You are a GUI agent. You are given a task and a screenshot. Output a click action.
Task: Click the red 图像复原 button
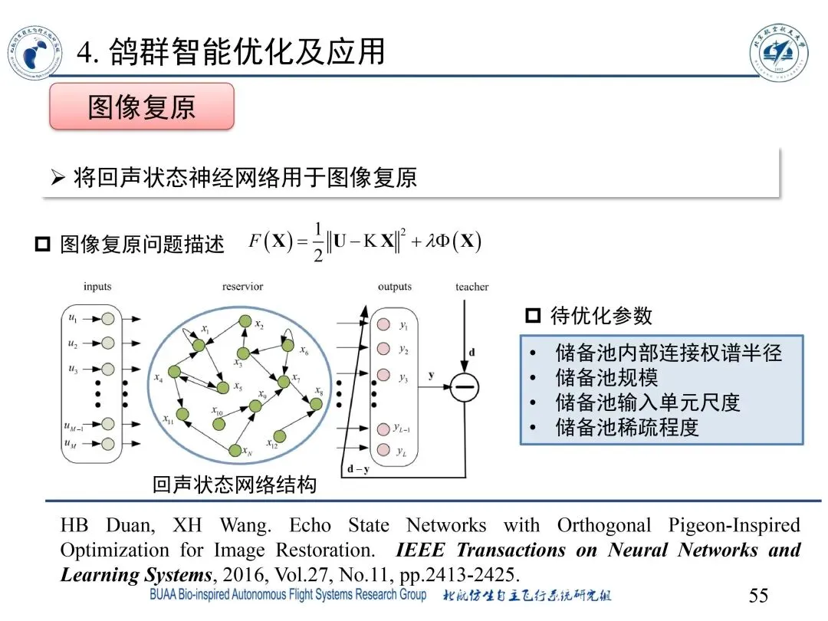pyautogui.click(x=142, y=107)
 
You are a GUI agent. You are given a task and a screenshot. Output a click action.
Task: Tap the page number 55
pyautogui.click(x=757, y=596)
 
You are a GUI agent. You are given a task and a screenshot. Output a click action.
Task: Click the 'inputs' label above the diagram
pyautogui.click(x=97, y=287)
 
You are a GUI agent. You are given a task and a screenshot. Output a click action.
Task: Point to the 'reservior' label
pyautogui.click(x=242, y=287)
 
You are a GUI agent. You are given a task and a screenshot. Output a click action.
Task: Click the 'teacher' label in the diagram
pyautogui.click(x=472, y=287)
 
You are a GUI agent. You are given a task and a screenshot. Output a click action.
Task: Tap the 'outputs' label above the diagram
pyautogui.click(x=395, y=287)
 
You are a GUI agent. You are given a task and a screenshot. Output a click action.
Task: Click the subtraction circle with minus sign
pyautogui.click(x=463, y=388)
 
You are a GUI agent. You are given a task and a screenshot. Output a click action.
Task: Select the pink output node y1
pyautogui.click(x=383, y=324)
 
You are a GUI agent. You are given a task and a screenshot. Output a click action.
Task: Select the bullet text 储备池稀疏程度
pyautogui.click(x=627, y=427)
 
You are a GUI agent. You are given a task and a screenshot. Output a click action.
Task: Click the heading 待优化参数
pyautogui.click(x=601, y=315)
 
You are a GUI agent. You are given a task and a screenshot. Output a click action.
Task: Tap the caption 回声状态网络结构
pyautogui.click(x=235, y=485)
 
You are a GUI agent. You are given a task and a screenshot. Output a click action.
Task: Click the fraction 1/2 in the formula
pyautogui.click(x=318, y=242)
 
